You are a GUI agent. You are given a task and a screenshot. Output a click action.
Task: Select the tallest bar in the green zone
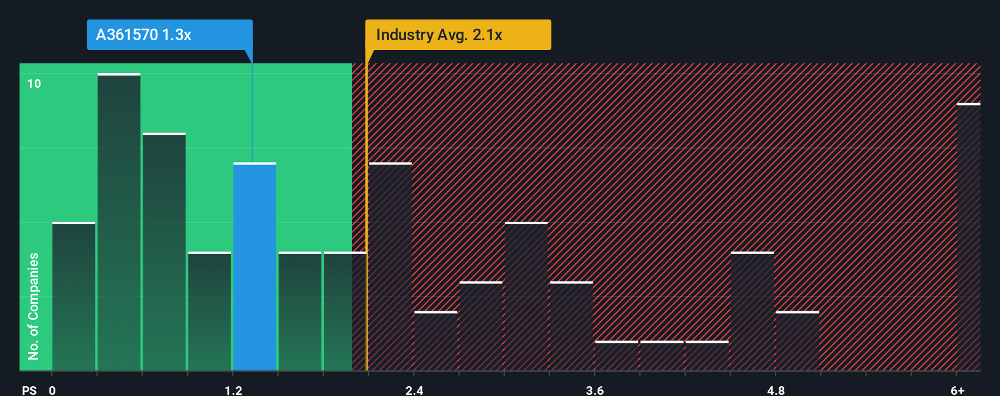[119, 222]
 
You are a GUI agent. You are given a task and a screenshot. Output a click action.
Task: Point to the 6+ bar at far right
[968, 238]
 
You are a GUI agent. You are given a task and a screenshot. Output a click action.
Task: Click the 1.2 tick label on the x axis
[234, 390]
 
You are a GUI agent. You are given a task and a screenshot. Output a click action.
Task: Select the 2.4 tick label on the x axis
[415, 390]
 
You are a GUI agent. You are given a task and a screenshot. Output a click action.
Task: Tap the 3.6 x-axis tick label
[595, 390]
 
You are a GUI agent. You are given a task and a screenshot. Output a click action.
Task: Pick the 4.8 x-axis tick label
[776, 390]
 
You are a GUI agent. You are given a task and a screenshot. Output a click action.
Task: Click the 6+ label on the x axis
[957, 390]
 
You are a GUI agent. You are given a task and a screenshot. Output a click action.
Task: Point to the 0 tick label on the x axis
[52, 390]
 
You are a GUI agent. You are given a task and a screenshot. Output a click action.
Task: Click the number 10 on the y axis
[34, 83]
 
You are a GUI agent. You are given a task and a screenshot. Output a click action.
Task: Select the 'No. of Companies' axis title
[34, 306]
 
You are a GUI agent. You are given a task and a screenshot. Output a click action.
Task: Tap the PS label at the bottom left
[29, 390]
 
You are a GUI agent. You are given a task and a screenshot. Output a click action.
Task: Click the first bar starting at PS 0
[74, 297]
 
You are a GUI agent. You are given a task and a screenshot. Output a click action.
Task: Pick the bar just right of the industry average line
[390, 267]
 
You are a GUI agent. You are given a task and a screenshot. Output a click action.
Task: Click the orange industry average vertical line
[366, 213]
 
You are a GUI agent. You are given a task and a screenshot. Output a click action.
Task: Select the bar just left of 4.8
[752, 311]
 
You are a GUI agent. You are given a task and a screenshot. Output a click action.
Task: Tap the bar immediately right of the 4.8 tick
[798, 341]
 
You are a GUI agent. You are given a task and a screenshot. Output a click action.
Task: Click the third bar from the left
[164, 252]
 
